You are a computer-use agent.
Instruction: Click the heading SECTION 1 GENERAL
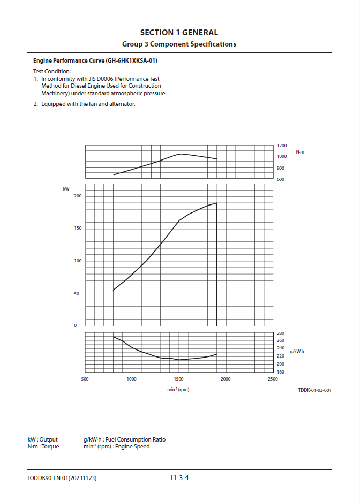tap(179, 33)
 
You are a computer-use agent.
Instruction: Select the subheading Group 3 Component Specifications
tap(179, 44)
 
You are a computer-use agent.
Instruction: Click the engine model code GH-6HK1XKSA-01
tap(131, 60)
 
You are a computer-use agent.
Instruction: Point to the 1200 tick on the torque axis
tap(282, 146)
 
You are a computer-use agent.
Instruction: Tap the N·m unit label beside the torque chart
tap(300, 153)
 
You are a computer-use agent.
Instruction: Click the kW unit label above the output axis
tap(66, 189)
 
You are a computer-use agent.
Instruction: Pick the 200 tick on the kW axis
tap(78, 196)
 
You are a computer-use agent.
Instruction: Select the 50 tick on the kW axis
tap(77, 294)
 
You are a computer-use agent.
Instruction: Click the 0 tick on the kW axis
tap(75, 326)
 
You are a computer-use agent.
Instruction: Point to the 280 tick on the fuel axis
tap(280, 333)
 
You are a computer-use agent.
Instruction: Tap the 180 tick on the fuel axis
tap(280, 372)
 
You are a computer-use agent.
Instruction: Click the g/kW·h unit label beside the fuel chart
tap(297, 352)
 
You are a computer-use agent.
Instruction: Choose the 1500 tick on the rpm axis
tap(178, 379)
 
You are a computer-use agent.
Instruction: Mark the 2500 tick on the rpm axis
tap(272, 379)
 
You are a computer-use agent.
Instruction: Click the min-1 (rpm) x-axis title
tap(178, 390)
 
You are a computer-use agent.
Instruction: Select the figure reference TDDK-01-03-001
tap(314, 390)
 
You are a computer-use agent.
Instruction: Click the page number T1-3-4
tap(179, 477)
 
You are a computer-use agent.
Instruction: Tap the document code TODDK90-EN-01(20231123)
tap(62, 478)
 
